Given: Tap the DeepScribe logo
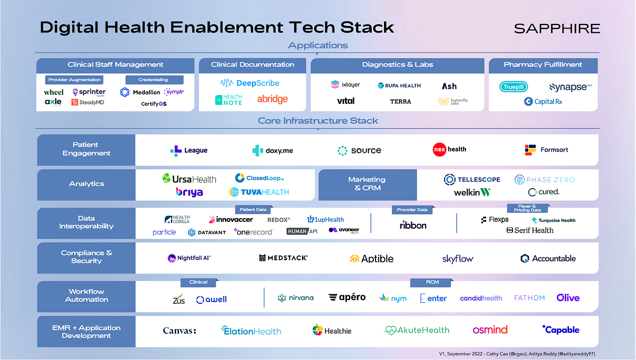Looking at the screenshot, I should point(250,83).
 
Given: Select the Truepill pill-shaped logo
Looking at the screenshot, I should point(514,87).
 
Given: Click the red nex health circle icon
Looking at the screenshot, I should point(438,149).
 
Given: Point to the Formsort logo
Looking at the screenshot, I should point(546,150).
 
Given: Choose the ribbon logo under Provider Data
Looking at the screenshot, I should point(413,225).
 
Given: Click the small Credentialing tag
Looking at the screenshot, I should point(153,80).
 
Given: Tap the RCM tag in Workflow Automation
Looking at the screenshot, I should point(430,282).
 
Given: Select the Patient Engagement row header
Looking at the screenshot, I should point(86,149).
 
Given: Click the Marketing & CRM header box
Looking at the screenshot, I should point(367,184).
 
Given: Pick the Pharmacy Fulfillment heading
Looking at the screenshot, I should point(543,65).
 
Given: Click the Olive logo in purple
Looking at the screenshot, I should point(568,298).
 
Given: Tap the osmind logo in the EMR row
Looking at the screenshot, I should point(490,330).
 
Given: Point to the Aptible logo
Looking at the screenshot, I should point(371,258).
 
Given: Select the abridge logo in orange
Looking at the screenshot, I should point(272,99).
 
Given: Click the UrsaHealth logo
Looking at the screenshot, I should point(189,179).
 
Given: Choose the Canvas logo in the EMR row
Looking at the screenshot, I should point(179,331).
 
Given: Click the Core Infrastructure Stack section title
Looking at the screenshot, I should point(318,121).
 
